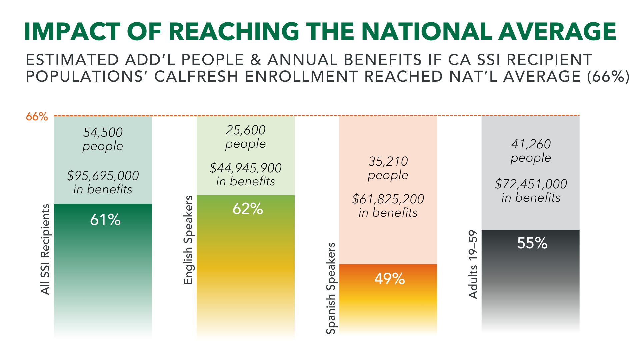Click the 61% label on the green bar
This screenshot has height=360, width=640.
tap(105, 220)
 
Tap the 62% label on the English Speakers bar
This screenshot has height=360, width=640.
tap(248, 209)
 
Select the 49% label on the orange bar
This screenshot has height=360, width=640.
tap(389, 279)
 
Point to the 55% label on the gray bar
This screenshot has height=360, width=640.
tap(532, 243)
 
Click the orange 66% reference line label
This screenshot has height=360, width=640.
tap(37, 117)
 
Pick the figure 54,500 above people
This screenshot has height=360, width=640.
tap(103, 132)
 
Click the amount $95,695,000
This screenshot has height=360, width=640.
tap(103, 176)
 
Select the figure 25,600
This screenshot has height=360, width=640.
tap(246, 130)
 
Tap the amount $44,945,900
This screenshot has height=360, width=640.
tap(246, 168)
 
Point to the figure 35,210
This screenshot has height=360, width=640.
tap(388, 161)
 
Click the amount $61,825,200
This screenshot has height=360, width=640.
tap(388, 199)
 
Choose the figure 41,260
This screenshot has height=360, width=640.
tap(531, 144)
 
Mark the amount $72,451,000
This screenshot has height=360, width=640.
tap(531, 184)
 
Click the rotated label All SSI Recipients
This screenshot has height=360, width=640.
tap(45, 249)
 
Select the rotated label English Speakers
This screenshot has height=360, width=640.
tap(188, 240)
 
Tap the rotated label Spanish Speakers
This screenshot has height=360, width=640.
tap(331, 288)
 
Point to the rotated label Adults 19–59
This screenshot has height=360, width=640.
tap(473, 264)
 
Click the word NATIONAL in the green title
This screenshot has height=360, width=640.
tap(426, 32)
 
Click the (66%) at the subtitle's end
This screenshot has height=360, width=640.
tap(608, 77)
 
